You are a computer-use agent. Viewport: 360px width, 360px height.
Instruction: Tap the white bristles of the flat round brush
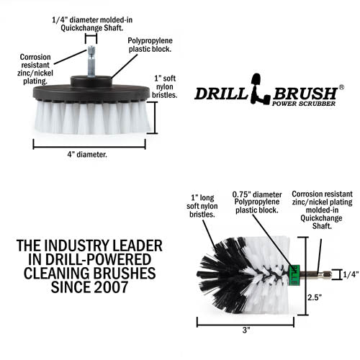(x=91, y=117)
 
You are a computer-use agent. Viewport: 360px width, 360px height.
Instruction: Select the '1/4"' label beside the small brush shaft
(x=350, y=274)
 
